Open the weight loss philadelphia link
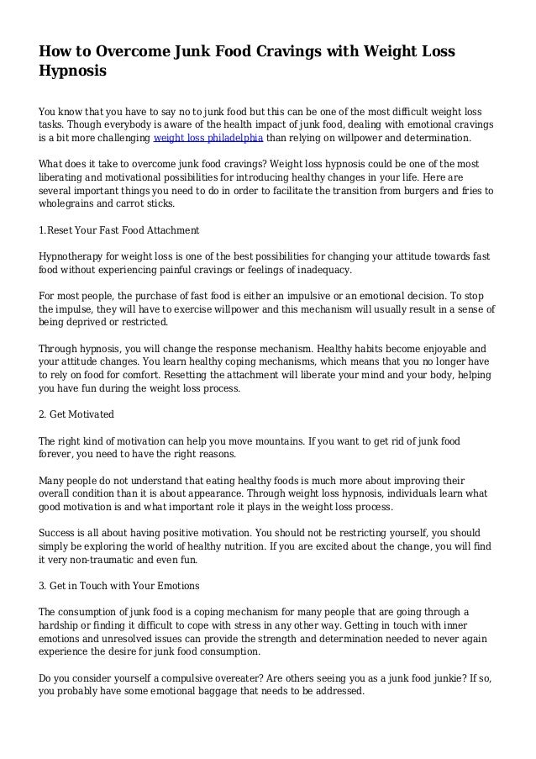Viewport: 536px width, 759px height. [x=208, y=139]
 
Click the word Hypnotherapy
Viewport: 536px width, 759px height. [x=76, y=256]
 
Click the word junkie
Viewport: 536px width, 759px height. [x=436, y=679]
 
